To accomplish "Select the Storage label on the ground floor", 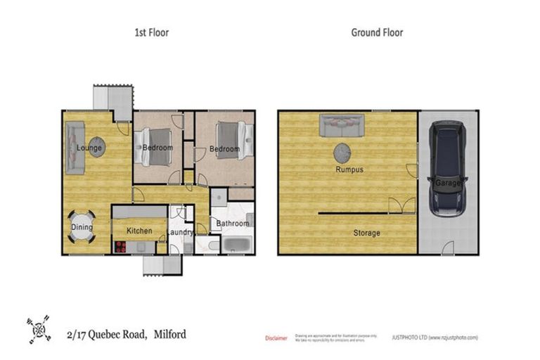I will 366,233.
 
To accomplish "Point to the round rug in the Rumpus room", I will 344,152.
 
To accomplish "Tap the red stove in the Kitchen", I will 120,247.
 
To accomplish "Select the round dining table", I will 82,228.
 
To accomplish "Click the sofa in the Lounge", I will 75,148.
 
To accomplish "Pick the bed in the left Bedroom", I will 157,147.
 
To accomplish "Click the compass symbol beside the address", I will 39,329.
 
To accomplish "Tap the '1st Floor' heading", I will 151,32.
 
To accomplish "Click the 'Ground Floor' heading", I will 377,32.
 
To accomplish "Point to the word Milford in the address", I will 170,335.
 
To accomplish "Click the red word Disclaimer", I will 276,337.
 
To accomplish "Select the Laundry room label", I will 181,233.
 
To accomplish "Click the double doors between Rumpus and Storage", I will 403,205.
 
